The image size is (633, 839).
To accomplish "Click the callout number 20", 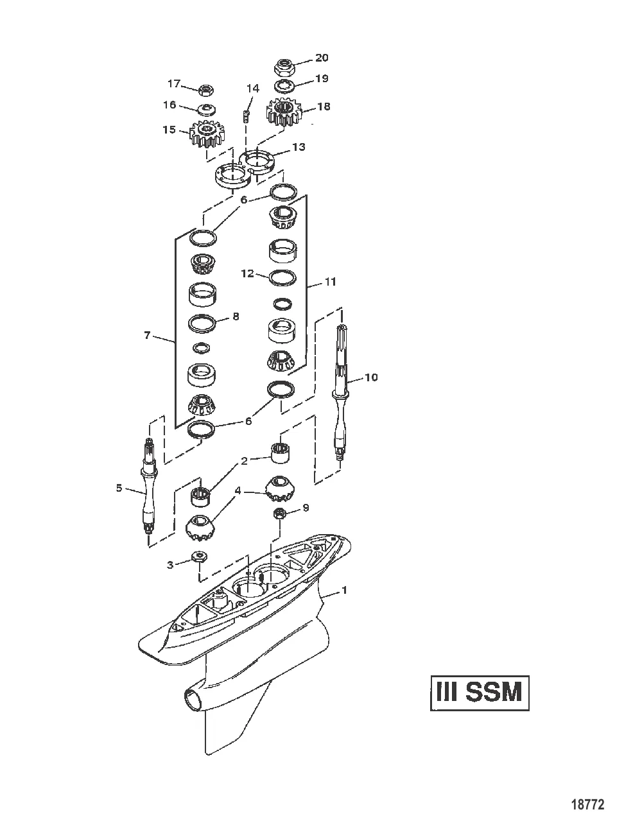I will [x=321, y=58].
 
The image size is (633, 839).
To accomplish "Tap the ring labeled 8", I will [x=202, y=323].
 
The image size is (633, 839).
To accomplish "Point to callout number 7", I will [x=147, y=335].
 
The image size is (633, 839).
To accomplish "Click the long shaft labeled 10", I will [x=340, y=385].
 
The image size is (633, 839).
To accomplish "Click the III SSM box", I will [x=480, y=693].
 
